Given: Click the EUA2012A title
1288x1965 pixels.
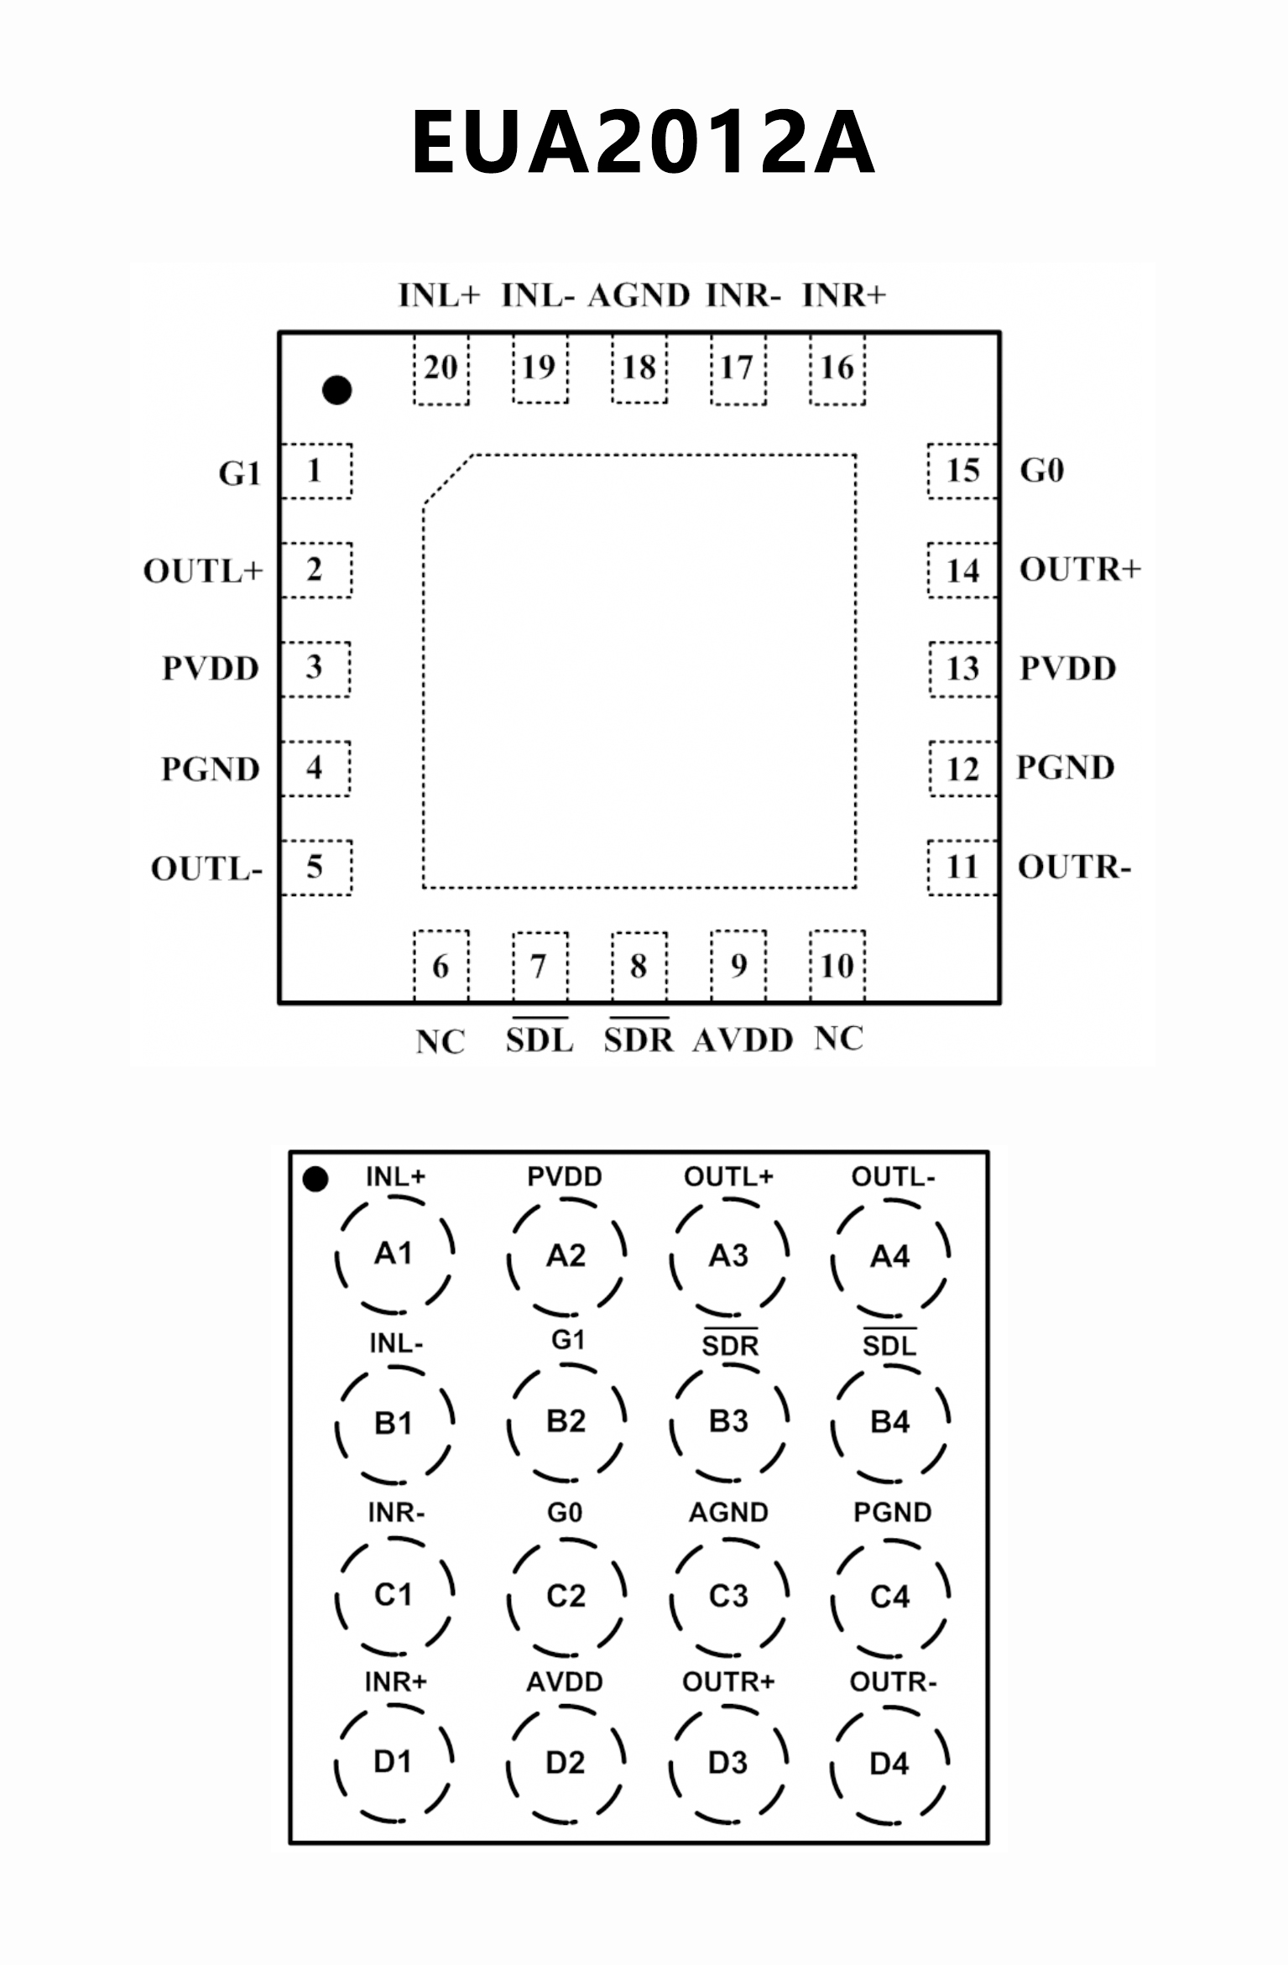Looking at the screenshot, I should click(x=644, y=142).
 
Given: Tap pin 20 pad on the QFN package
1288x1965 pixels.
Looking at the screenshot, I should click(x=441, y=368).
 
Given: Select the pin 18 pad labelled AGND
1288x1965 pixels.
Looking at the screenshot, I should click(x=639, y=368).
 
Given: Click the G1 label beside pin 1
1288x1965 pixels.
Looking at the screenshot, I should click(x=240, y=473).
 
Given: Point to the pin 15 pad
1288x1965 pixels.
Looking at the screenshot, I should click(x=962, y=471).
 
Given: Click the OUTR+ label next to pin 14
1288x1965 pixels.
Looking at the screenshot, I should click(x=1080, y=570).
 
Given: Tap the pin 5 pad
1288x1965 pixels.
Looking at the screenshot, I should click(x=315, y=867).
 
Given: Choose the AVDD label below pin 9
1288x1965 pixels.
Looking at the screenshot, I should click(x=743, y=1040).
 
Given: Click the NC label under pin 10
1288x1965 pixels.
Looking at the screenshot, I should click(x=838, y=1039).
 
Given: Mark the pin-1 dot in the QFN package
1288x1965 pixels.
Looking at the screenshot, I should click(x=337, y=389).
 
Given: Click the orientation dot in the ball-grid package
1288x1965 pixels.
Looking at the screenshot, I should click(x=315, y=1179).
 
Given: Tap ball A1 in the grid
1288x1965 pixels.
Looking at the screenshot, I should click(x=394, y=1254).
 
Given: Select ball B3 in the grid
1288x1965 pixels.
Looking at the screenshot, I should click(x=728, y=1422).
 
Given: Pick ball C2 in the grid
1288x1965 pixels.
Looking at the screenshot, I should click(x=566, y=1595).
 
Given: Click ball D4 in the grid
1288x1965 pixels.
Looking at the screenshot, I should click(x=889, y=1764).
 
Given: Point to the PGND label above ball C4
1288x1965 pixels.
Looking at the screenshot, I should click(x=892, y=1512).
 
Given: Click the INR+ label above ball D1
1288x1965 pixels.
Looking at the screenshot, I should click(x=395, y=1681).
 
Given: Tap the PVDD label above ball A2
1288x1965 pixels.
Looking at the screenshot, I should click(x=565, y=1176).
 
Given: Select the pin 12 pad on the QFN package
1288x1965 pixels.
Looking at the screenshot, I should click(x=962, y=768).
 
